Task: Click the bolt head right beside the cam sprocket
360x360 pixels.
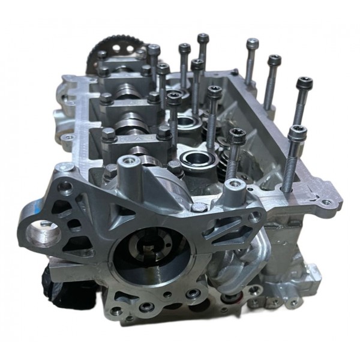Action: [154, 50]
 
